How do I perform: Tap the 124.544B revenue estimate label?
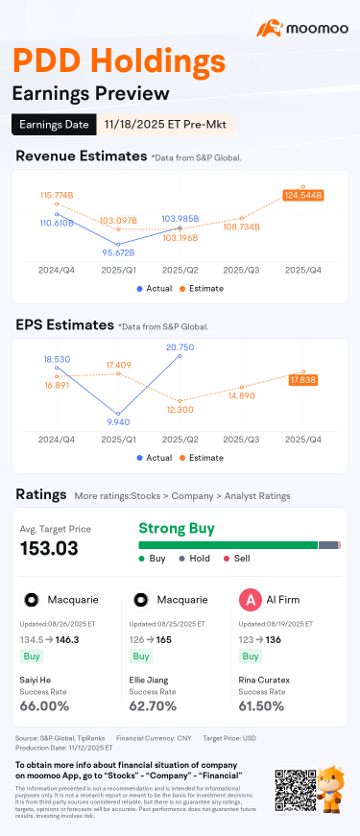tap(303, 195)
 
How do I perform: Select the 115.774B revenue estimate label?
tap(57, 195)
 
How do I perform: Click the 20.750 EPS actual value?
tap(180, 346)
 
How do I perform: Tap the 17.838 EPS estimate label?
tap(303, 380)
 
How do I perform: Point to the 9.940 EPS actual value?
tap(118, 420)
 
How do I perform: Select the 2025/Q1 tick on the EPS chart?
tap(118, 440)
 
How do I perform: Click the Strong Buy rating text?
tap(177, 528)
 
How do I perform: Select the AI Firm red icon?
tap(250, 600)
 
